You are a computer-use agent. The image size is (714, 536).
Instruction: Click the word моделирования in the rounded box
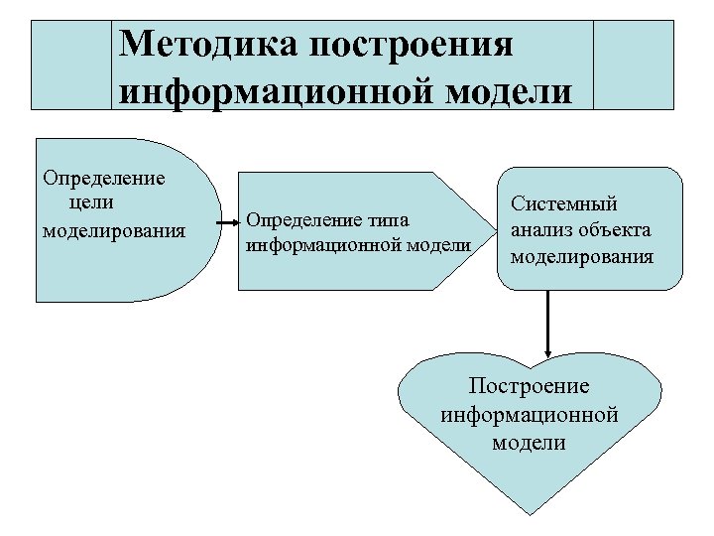pyautogui.click(x=581, y=256)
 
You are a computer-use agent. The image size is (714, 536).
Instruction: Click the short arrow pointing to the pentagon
pyautogui.click(x=227, y=219)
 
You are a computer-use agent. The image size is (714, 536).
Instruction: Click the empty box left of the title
pyautogui.click(x=72, y=64)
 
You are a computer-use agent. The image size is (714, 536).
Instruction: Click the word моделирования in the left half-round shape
pyautogui.click(x=114, y=231)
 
